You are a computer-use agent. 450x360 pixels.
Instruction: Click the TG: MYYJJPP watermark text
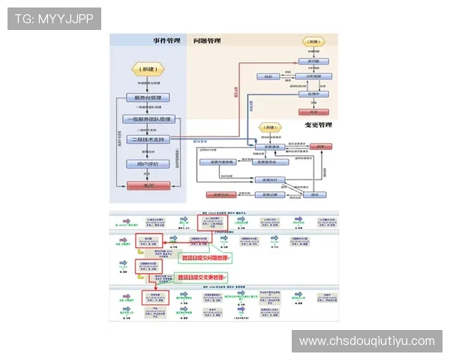[x=54, y=18]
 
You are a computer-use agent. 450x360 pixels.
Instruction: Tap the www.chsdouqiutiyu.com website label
[x=367, y=341]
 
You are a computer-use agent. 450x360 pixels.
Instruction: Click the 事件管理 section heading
[x=167, y=40]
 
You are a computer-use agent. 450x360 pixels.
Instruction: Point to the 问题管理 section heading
[x=207, y=40]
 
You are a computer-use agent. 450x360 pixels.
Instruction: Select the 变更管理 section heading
[x=318, y=124]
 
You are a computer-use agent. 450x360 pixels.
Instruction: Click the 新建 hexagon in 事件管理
[x=145, y=68]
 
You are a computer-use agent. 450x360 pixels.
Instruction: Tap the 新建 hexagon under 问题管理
[x=314, y=42]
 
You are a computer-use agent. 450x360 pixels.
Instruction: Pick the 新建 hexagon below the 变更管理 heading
[x=270, y=128]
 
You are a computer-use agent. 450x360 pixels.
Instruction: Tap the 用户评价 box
[x=148, y=163]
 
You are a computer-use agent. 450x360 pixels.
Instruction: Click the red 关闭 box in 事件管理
[x=148, y=185]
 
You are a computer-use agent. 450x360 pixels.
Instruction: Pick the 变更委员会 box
[x=267, y=161]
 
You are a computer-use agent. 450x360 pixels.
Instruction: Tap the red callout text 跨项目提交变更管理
[x=202, y=277]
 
